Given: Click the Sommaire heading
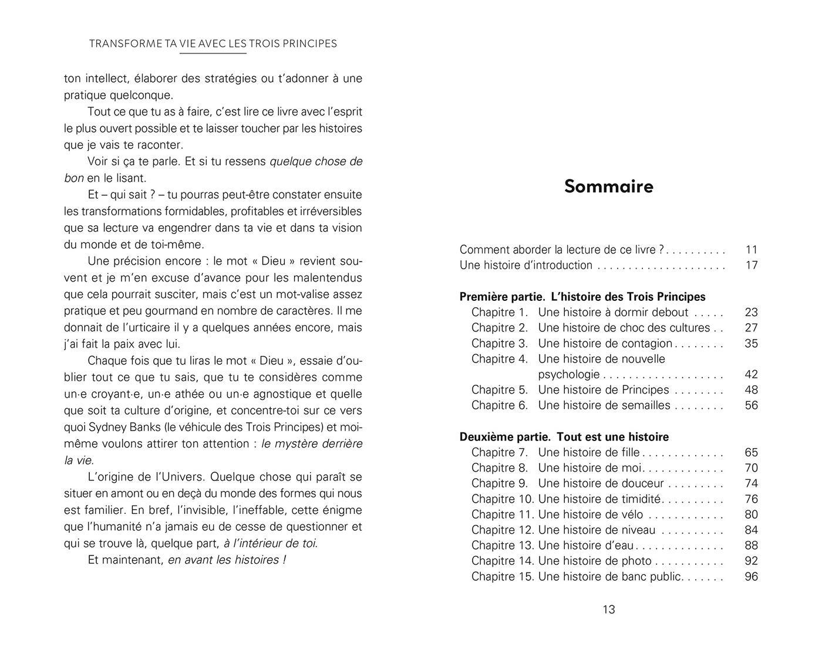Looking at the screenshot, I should (x=608, y=187).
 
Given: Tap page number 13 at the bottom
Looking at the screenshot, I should (x=608, y=609).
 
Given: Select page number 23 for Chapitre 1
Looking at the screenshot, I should (x=751, y=313).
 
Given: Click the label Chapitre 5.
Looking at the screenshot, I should (x=500, y=390).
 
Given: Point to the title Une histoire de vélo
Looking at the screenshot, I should (x=590, y=515).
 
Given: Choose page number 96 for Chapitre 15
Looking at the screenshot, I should (x=751, y=577).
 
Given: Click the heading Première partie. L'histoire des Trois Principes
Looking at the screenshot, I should (x=582, y=297).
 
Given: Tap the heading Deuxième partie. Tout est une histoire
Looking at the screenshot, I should (x=564, y=437).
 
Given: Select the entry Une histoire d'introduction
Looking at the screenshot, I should (x=525, y=265).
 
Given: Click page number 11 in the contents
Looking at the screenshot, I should (x=751, y=250).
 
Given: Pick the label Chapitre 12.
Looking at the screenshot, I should (x=503, y=530).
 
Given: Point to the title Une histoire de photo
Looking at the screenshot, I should (x=595, y=561).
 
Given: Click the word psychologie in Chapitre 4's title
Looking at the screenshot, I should (x=568, y=375).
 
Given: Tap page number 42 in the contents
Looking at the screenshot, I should (x=751, y=375).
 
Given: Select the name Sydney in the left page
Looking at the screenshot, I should (x=107, y=427).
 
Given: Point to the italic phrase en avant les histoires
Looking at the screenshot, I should (x=227, y=560).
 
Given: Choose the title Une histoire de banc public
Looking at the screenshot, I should (x=609, y=577).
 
